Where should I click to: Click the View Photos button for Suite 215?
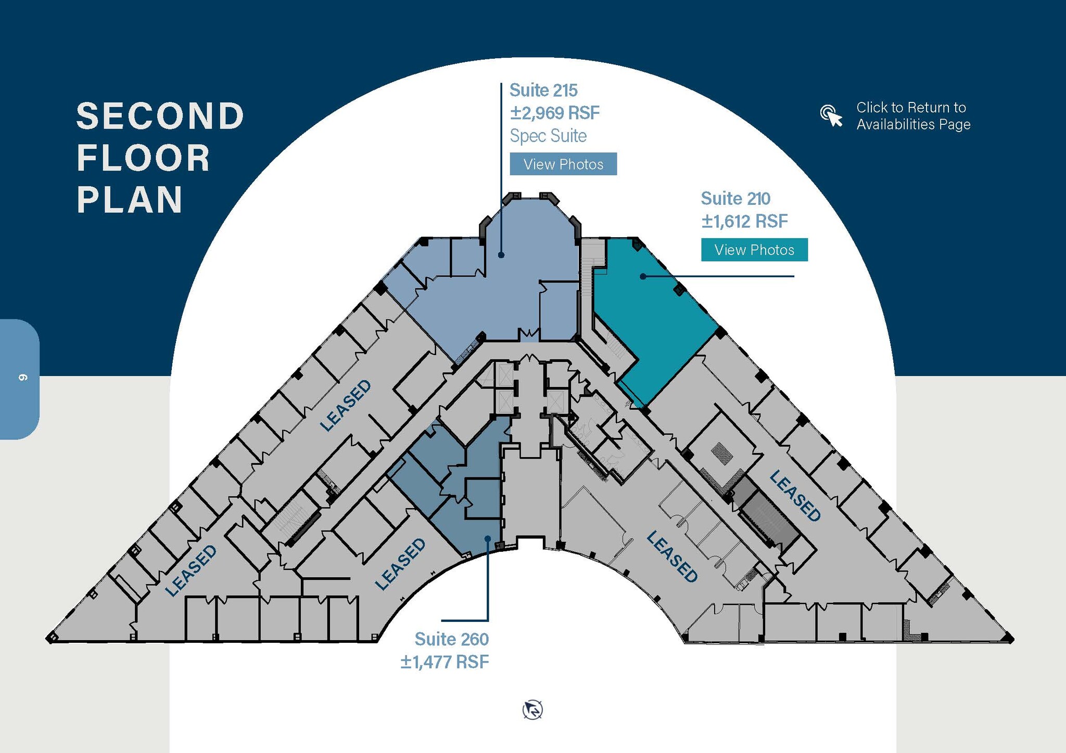tap(563, 164)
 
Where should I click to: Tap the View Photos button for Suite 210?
tap(754, 250)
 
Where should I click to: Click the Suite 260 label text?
tap(452, 639)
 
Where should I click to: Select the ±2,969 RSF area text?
tap(555, 112)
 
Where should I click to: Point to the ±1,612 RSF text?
tap(745, 221)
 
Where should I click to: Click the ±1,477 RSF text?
tap(445, 661)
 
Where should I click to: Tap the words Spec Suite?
tap(548, 136)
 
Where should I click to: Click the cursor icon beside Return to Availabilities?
tap(831, 115)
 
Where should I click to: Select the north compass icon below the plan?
tap(532, 710)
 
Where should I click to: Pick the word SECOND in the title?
tap(160, 116)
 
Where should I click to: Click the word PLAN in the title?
tap(130, 200)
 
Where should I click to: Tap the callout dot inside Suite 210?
tap(643, 276)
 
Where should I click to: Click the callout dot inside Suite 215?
tap(501, 255)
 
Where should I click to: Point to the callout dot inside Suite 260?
tap(488, 539)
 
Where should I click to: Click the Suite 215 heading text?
tap(543, 90)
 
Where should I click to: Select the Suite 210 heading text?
tap(735, 198)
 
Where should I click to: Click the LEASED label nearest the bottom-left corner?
tap(191, 570)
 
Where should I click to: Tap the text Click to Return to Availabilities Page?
tap(913, 116)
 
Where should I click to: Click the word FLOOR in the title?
tap(143, 158)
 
